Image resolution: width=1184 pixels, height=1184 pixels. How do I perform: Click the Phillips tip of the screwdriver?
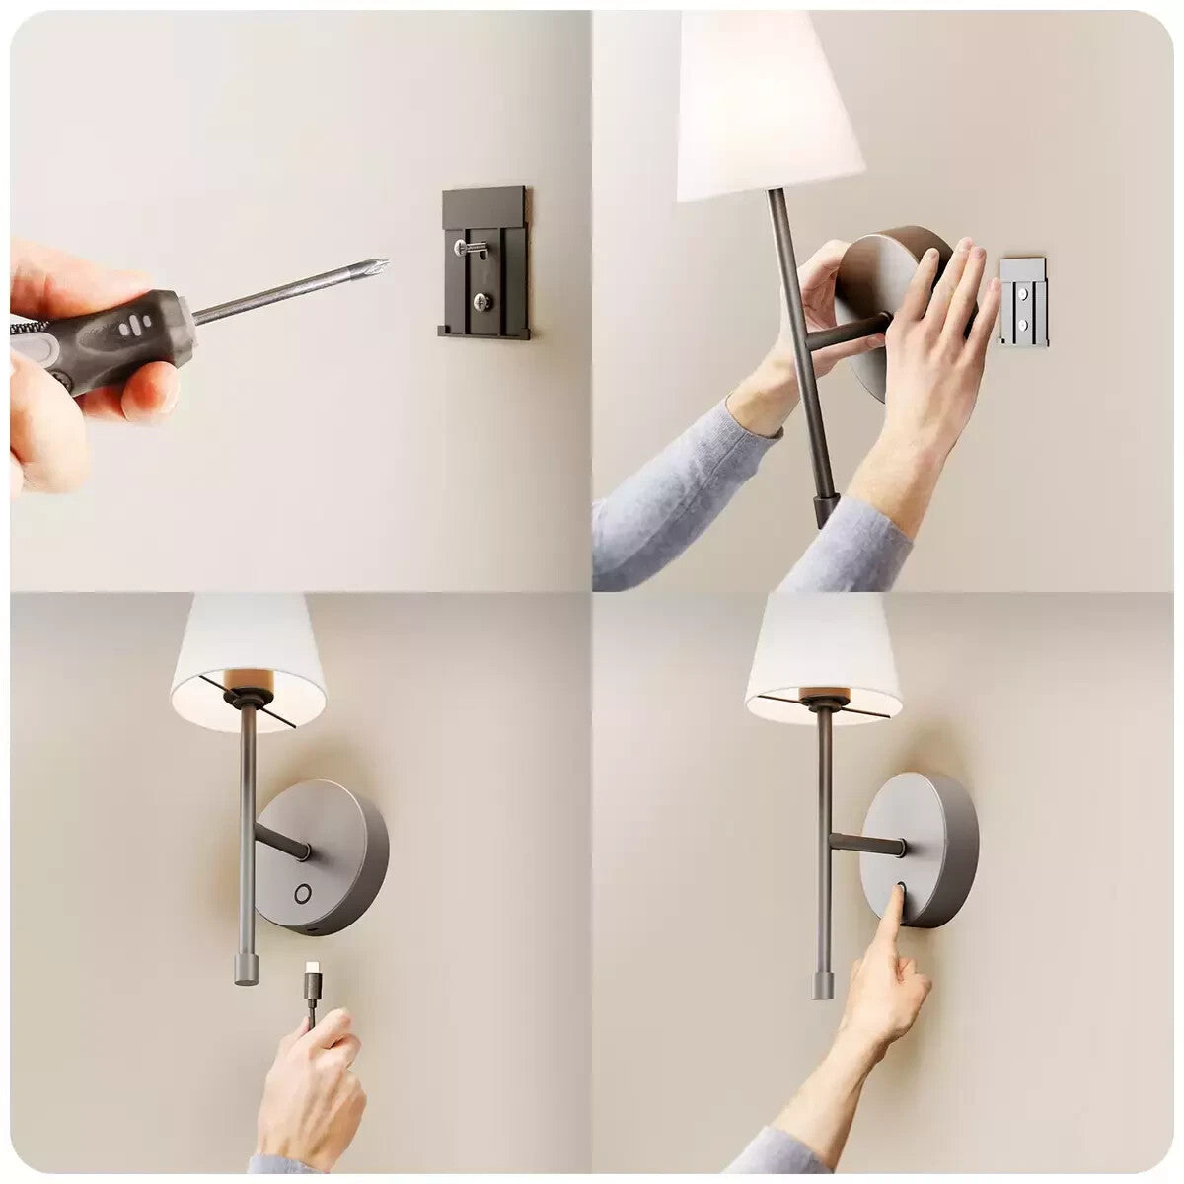click(x=381, y=264)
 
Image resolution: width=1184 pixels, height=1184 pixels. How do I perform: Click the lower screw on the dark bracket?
click(x=481, y=302)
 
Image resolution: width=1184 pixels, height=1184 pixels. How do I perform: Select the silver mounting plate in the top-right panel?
click(x=1023, y=301)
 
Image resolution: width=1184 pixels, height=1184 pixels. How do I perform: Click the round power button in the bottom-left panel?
click(x=303, y=894)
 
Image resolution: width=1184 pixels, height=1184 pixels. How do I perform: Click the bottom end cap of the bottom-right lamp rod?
click(x=822, y=983)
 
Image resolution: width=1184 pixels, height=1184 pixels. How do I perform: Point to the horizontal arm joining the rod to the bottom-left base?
click(x=282, y=841)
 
